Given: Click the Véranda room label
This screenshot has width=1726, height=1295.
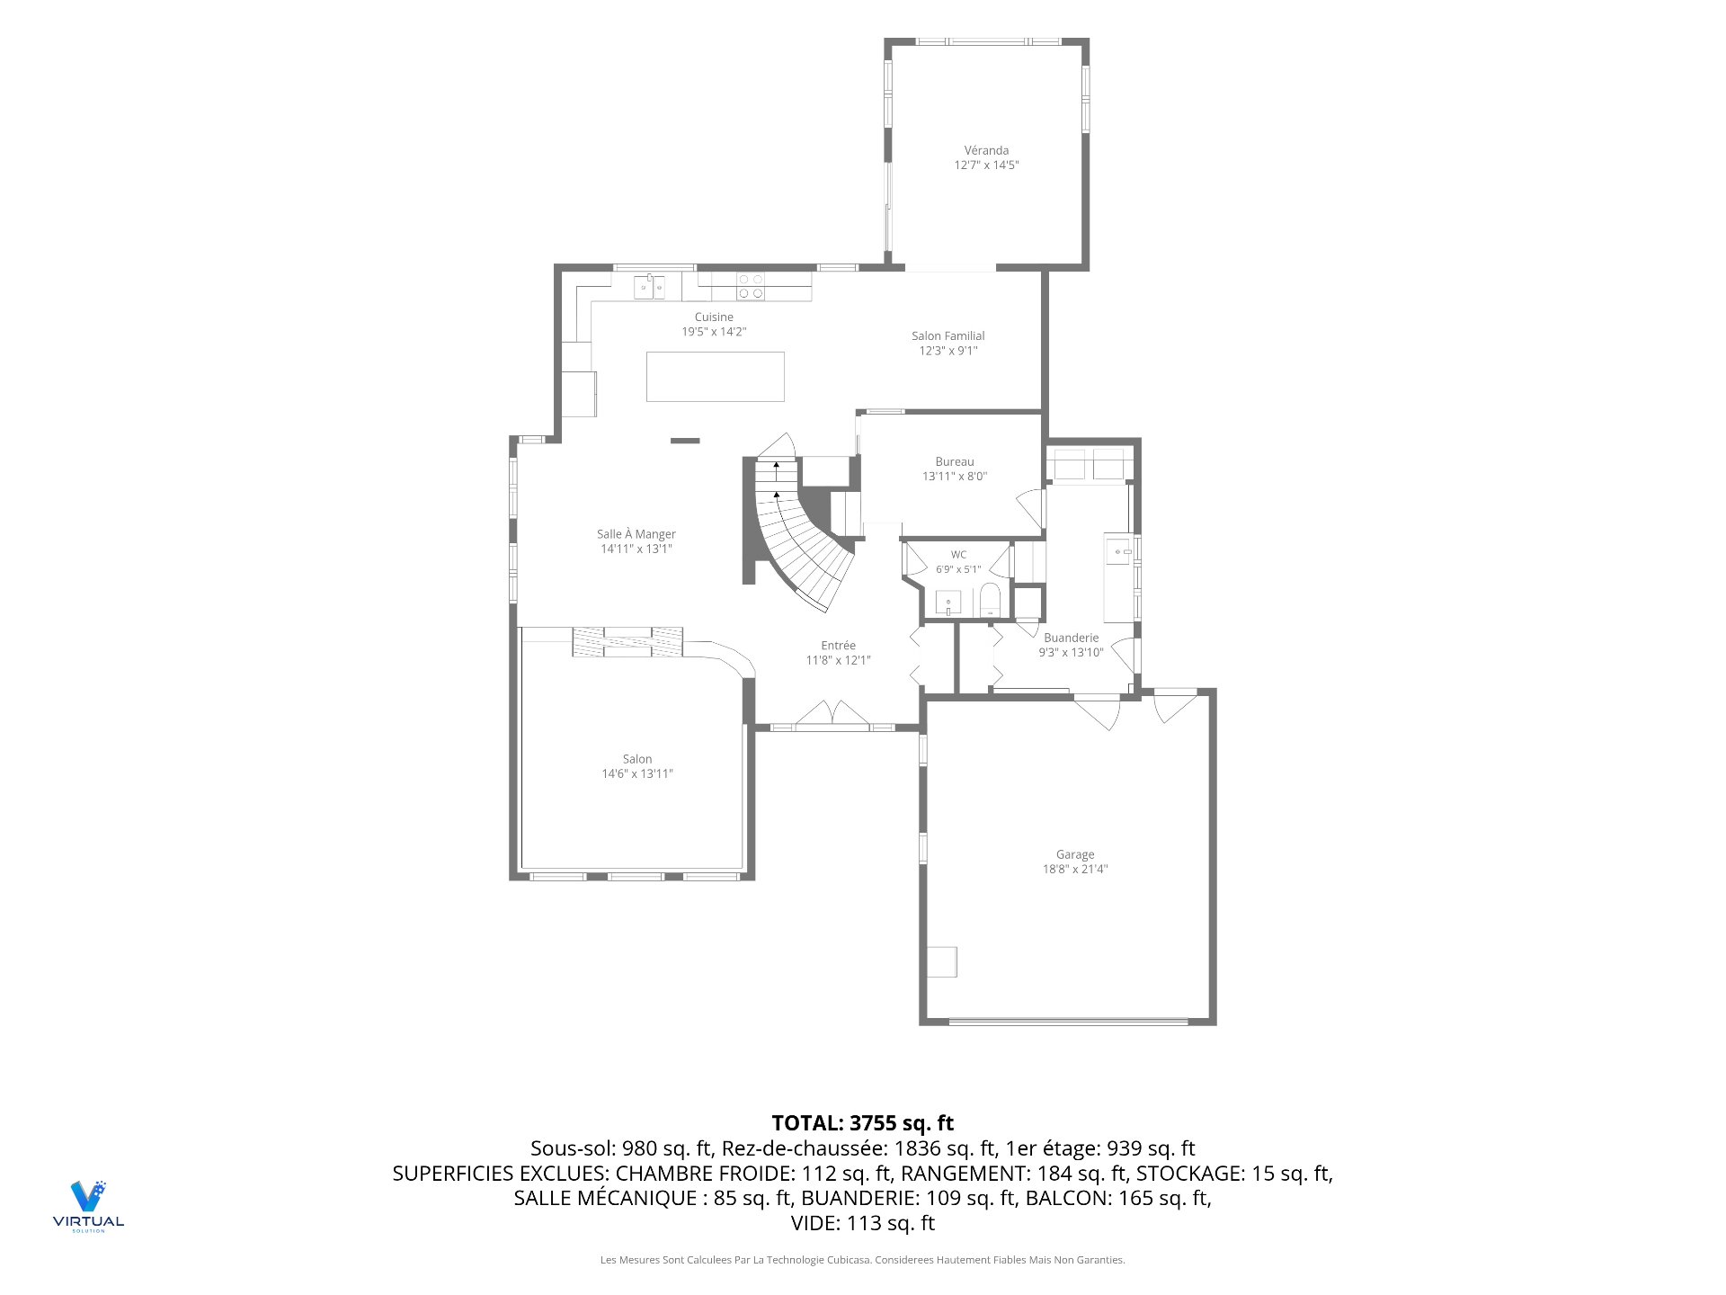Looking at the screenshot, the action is point(986,150).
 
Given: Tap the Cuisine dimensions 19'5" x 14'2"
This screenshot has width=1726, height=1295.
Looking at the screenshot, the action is point(714,332).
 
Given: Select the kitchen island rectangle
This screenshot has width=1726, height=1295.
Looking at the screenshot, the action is point(716,377).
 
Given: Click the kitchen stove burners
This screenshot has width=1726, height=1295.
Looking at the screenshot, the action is point(752,286).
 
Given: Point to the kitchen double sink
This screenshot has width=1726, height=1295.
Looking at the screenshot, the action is point(649,287).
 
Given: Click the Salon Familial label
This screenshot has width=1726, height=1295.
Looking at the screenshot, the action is point(948,336).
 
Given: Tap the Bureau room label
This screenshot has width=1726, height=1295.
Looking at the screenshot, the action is point(955,461).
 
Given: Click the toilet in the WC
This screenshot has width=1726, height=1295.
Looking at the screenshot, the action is point(990,600).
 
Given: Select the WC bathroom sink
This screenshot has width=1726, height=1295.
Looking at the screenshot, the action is point(948,603).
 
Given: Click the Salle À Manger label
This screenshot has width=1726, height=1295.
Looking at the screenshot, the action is point(636,534).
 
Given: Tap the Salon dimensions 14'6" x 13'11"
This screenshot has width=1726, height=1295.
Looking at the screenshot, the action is point(637,773).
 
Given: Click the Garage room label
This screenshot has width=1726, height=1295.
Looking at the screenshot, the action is point(1075,854).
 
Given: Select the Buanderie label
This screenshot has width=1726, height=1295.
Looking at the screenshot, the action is point(1072,638).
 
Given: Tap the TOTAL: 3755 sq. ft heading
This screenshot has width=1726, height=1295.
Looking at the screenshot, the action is point(863,1123).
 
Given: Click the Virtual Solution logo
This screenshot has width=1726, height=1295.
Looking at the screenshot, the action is point(88,1206).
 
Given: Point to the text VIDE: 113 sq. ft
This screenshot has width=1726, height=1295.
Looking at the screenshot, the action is point(863,1223).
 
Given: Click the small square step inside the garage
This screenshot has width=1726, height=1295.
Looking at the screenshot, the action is point(942,961).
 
